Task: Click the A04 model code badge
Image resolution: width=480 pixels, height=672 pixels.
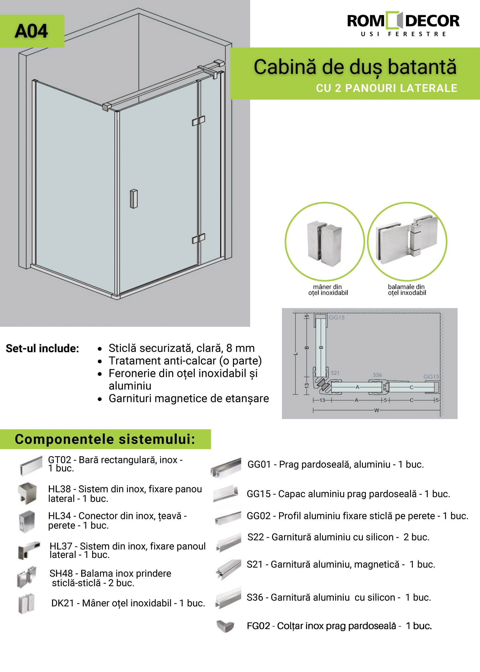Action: click(x=31, y=31)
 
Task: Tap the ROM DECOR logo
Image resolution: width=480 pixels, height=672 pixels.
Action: click(x=403, y=24)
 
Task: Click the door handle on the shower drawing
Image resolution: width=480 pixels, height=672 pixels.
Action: click(x=134, y=198)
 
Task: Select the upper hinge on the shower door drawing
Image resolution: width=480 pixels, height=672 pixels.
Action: click(x=199, y=120)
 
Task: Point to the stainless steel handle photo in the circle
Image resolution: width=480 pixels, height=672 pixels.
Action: click(x=325, y=241)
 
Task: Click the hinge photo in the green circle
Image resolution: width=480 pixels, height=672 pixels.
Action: click(x=407, y=241)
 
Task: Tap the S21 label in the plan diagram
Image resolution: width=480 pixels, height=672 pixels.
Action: click(x=335, y=373)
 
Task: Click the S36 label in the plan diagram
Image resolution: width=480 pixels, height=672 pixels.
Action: click(x=377, y=375)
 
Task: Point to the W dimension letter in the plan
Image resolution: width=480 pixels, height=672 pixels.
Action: click(x=376, y=410)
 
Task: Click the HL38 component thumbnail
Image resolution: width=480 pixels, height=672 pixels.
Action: click(x=27, y=493)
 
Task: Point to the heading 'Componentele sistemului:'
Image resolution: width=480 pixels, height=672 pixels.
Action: click(x=105, y=439)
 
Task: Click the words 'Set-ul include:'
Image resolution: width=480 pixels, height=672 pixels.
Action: click(x=42, y=349)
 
